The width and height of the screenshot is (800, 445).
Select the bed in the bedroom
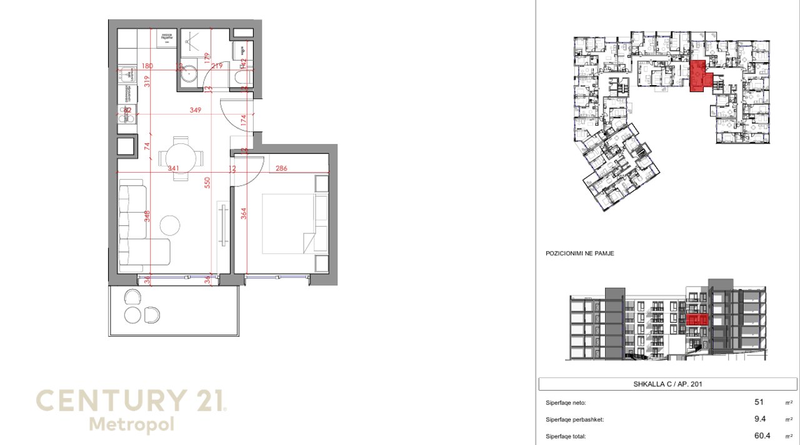[x=288, y=223]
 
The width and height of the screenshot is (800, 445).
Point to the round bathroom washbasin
[x=190, y=73]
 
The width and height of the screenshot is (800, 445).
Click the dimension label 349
[x=196, y=111]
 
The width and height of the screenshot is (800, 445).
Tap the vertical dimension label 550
[x=207, y=183]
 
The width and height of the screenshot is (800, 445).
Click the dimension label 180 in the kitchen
[x=147, y=66]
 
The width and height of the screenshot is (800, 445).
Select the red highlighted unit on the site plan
[x=701, y=77]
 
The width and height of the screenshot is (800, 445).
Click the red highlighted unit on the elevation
[x=697, y=320]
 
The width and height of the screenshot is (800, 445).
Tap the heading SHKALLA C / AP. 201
[x=667, y=384]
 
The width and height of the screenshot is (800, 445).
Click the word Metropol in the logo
[x=131, y=424]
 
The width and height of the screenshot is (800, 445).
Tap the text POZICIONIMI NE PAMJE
[x=579, y=253]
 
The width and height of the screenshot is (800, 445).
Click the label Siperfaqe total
[x=566, y=437]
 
